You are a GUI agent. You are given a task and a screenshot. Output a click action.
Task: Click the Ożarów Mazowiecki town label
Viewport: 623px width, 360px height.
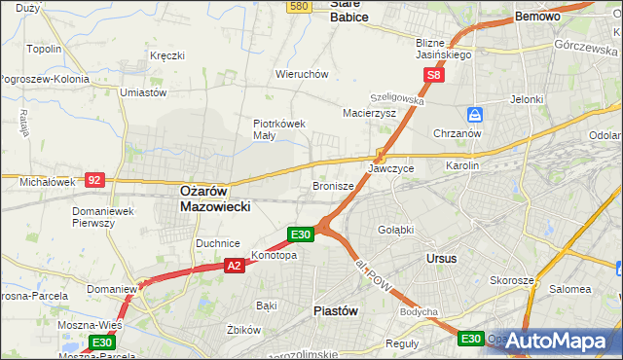pyautogui.click(x=216, y=199)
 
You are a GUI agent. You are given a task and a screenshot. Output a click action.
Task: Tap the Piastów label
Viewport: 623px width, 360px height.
pyautogui.click(x=337, y=310)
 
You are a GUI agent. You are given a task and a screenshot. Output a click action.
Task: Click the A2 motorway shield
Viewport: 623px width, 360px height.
pyautogui.click(x=234, y=265)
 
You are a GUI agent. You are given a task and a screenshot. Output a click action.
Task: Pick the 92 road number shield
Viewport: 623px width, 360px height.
pyautogui.click(x=94, y=180)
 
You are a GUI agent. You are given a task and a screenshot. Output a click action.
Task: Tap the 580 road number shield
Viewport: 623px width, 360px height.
pyautogui.click(x=299, y=6)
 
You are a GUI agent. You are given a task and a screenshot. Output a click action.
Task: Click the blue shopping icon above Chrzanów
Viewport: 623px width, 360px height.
pyautogui.click(x=474, y=114)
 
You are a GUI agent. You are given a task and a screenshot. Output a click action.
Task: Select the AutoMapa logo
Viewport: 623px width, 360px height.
pyautogui.click(x=554, y=341)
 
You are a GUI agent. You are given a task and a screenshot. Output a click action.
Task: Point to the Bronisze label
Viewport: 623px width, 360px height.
pyautogui.click(x=332, y=186)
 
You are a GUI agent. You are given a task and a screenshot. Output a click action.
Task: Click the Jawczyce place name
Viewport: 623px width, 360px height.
pyautogui.click(x=391, y=168)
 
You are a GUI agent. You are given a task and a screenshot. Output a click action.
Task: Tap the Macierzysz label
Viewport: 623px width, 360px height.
pyautogui.click(x=369, y=113)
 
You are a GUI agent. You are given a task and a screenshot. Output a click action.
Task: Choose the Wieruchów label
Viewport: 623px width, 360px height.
pyautogui.click(x=302, y=74)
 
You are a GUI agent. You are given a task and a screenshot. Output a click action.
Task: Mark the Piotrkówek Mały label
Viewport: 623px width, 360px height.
pyautogui.click(x=279, y=129)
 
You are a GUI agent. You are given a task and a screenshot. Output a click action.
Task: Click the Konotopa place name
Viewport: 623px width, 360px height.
pyautogui.click(x=274, y=256)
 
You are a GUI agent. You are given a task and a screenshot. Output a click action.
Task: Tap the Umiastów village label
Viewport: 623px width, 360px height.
pyautogui.click(x=142, y=92)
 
